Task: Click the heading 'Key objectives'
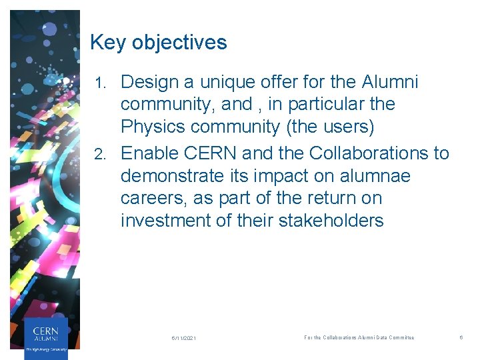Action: [158, 43]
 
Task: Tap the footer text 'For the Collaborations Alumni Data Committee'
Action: [359, 338]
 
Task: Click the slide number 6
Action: [461, 338]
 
